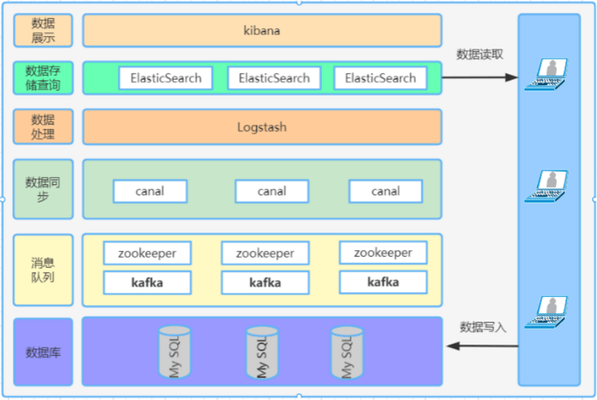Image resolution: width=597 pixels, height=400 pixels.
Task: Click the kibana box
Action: click(262, 31)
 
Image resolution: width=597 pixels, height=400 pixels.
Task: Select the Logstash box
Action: click(262, 127)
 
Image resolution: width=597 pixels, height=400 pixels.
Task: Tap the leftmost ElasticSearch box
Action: click(166, 78)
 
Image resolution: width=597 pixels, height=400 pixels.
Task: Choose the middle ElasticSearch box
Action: click(274, 78)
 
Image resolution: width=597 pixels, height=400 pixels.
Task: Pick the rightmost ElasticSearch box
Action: click(380, 78)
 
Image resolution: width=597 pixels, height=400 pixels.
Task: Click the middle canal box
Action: click(272, 192)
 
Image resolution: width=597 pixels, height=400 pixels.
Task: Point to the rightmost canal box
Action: click(386, 192)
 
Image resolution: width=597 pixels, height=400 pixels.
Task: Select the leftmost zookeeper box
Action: click(147, 254)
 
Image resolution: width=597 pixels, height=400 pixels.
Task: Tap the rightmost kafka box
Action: click(383, 282)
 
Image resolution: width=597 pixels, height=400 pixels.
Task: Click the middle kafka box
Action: click(265, 282)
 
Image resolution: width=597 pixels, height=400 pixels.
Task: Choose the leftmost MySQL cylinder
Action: click(174, 352)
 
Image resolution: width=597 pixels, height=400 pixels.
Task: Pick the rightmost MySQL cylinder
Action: click(347, 353)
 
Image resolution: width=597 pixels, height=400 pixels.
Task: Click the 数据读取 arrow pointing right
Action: click(479, 77)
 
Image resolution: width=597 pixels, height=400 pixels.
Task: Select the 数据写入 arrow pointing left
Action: click(483, 346)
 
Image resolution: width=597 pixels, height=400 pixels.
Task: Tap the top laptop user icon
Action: click(546, 75)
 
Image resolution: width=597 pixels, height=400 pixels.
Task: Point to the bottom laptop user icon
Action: click(546, 312)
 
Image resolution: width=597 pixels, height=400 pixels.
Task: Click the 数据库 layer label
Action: click(43, 352)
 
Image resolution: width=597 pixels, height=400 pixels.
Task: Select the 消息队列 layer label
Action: click(43, 270)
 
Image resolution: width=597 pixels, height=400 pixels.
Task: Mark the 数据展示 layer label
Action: click(43, 31)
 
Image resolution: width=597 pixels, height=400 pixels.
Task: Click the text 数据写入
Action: click(483, 327)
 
